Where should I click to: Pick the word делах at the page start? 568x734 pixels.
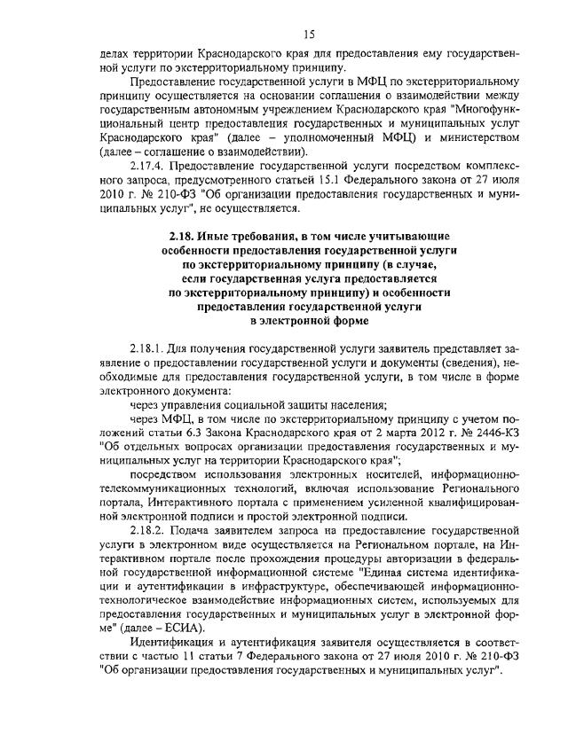(x=113, y=55)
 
